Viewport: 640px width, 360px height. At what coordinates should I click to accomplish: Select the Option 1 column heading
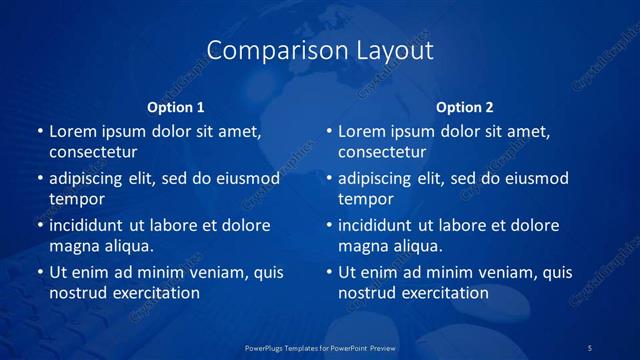(176, 107)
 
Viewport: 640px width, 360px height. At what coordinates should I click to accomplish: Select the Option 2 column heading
(465, 107)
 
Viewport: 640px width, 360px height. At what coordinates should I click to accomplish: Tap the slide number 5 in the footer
(590, 347)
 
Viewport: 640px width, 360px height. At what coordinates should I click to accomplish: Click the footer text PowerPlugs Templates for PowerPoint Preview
(320, 347)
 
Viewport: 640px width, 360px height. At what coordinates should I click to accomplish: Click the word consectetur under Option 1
(93, 152)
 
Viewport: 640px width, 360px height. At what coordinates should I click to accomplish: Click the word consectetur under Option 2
(382, 152)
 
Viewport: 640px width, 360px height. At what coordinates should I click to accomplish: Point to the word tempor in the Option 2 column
(363, 199)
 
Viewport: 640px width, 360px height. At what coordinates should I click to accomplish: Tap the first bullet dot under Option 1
(40, 131)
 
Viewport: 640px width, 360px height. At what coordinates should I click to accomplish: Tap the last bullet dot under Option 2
(329, 272)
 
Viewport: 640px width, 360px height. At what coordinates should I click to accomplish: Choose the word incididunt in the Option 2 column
(378, 225)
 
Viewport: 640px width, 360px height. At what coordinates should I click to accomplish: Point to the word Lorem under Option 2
(362, 131)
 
